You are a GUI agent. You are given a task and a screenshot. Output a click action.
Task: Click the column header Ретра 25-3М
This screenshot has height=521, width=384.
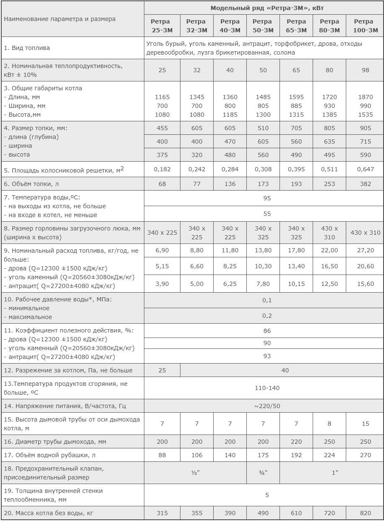(x=162, y=26)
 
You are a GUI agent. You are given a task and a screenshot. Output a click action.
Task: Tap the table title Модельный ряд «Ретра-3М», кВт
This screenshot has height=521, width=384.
(x=264, y=8)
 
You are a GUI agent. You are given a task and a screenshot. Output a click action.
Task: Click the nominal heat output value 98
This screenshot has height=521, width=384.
(x=366, y=70)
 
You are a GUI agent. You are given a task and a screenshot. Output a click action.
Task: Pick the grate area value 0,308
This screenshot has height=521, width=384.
(x=263, y=169)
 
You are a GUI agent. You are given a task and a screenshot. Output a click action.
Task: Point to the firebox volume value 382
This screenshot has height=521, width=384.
(x=366, y=184)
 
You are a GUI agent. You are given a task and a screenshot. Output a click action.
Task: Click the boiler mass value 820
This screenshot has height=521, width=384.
(x=366, y=513)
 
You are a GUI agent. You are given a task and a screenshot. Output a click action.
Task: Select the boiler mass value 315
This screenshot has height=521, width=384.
(x=162, y=513)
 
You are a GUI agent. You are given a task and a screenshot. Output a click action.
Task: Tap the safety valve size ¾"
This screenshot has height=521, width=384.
(x=263, y=472)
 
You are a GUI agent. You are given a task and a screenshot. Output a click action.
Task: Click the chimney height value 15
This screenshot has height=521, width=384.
(x=366, y=424)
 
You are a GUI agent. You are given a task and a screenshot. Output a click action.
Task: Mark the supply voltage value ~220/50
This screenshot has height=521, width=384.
(x=267, y=406)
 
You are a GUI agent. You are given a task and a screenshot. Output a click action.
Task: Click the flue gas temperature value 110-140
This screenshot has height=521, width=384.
(x=267, y=388)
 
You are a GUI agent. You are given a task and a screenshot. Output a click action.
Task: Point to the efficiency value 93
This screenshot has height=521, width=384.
(x=267, y=356)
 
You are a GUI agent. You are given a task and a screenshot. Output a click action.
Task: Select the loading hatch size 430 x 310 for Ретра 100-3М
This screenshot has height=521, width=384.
(x=366, y=233)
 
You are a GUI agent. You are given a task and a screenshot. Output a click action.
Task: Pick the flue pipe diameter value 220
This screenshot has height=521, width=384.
(x=296, y=441)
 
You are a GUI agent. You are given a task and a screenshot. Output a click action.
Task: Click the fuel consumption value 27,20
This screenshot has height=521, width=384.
(x=366, y=251)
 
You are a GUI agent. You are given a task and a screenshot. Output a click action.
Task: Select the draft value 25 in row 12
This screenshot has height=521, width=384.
(x=162, y=370)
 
